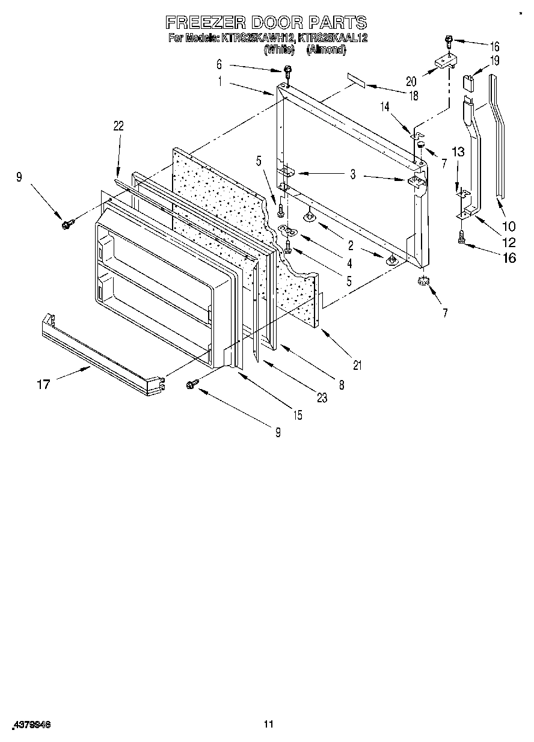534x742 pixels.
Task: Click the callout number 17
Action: tap(43, 384)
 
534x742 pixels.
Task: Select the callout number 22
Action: tap(118, 125)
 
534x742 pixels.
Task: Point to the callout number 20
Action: tap(411, 81)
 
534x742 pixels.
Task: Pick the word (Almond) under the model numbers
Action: tap(326, 51)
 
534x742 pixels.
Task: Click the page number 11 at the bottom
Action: tap(269, 724)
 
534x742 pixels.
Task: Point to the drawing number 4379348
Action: tap(31, 725)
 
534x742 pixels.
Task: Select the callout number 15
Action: tap(296, 415)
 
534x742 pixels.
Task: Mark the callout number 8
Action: tap(341, 385)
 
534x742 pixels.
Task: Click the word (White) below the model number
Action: tap(278, 51)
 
